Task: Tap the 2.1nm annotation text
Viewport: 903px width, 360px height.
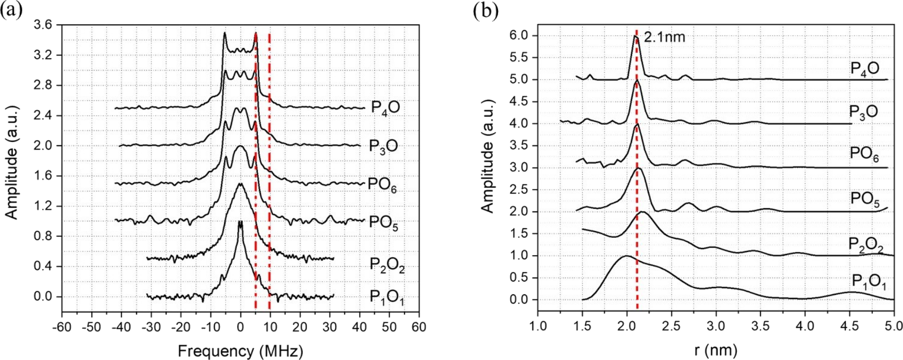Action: [x=665, y=37]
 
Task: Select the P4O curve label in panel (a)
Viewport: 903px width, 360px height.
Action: [x=385, y=108]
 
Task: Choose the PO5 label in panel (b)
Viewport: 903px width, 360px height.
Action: [x=865, y=199]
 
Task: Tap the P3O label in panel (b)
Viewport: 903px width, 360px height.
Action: [x=863, y=112]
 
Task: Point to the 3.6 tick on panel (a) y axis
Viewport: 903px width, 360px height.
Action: [x=45, y=25]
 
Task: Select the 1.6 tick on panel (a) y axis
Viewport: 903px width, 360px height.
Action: [x=45, y=176]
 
